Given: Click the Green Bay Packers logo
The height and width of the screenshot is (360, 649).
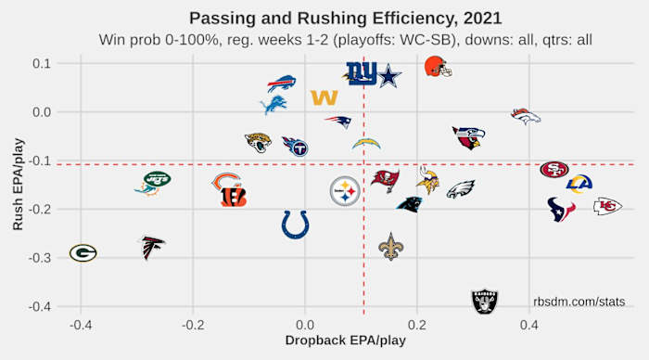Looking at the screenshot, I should coord(83,252).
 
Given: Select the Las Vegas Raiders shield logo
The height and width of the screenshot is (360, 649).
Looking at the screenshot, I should coord(484,301).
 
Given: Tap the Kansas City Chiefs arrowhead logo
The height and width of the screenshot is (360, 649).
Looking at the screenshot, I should coord(607,206).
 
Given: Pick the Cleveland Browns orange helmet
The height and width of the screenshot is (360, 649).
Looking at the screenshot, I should coord(437,67).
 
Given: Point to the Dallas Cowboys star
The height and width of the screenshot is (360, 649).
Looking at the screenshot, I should coord(390,74).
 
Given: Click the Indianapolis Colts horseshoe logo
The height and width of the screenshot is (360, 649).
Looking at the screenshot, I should coord(295,224).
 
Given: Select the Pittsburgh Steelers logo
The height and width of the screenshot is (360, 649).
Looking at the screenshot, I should coord(345,191).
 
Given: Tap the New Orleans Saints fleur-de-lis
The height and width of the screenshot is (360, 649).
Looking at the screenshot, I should coord(391,246).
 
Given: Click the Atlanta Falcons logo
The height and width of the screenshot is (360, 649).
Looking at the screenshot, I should coord(152,248).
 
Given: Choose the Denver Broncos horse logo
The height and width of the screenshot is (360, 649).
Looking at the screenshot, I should coord(526,116).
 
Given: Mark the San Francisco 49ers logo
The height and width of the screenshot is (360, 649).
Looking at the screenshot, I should coord(554,169).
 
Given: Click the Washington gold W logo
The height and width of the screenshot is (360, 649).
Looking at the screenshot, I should coord(324,97).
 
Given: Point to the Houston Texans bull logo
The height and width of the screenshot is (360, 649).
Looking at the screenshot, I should coord(561,209).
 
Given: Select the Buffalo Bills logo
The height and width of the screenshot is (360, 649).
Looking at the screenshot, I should coord(281,84).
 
